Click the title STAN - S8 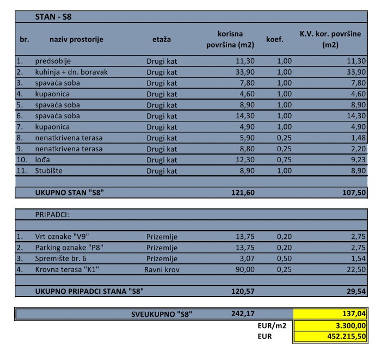(x=53, y=17)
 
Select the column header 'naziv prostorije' (x=76, y=39)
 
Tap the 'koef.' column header (x=275, y=39)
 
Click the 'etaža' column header (x=162, y=39)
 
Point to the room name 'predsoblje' (x=53, y=61)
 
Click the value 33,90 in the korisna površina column (x=245, y=72)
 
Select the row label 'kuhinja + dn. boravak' (x=71, y=72)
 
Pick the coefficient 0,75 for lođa (x=284, y=160)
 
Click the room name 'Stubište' (x=49, y=171)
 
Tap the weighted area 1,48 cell (x=358, y=138)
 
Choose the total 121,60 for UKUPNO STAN (x=243, y=193)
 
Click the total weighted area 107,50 (x=354, y=193)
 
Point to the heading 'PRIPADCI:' (x=52, y=215)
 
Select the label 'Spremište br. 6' (x=61, y=258)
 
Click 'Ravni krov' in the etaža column (x=162, y=269)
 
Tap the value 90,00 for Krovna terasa (x=245, y=269)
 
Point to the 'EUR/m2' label (x=272, y=325)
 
